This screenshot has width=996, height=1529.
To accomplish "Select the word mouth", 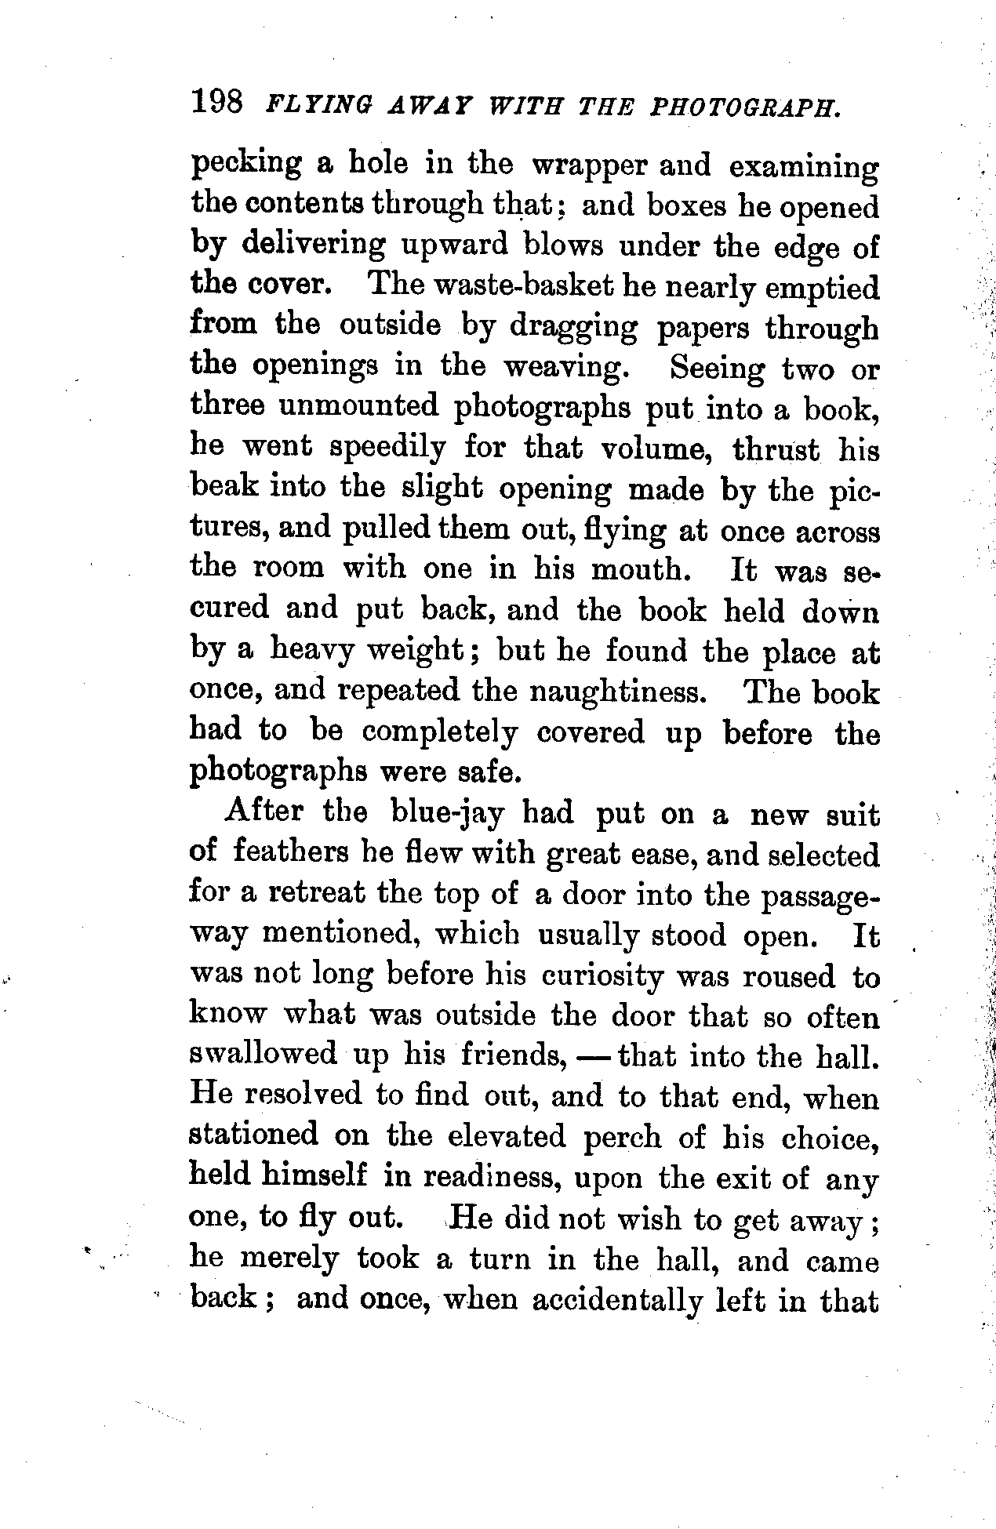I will click(639, 569).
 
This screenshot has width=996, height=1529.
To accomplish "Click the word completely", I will click(440, 733).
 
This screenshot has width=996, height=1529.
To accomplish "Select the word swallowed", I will click(263, 1055).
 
